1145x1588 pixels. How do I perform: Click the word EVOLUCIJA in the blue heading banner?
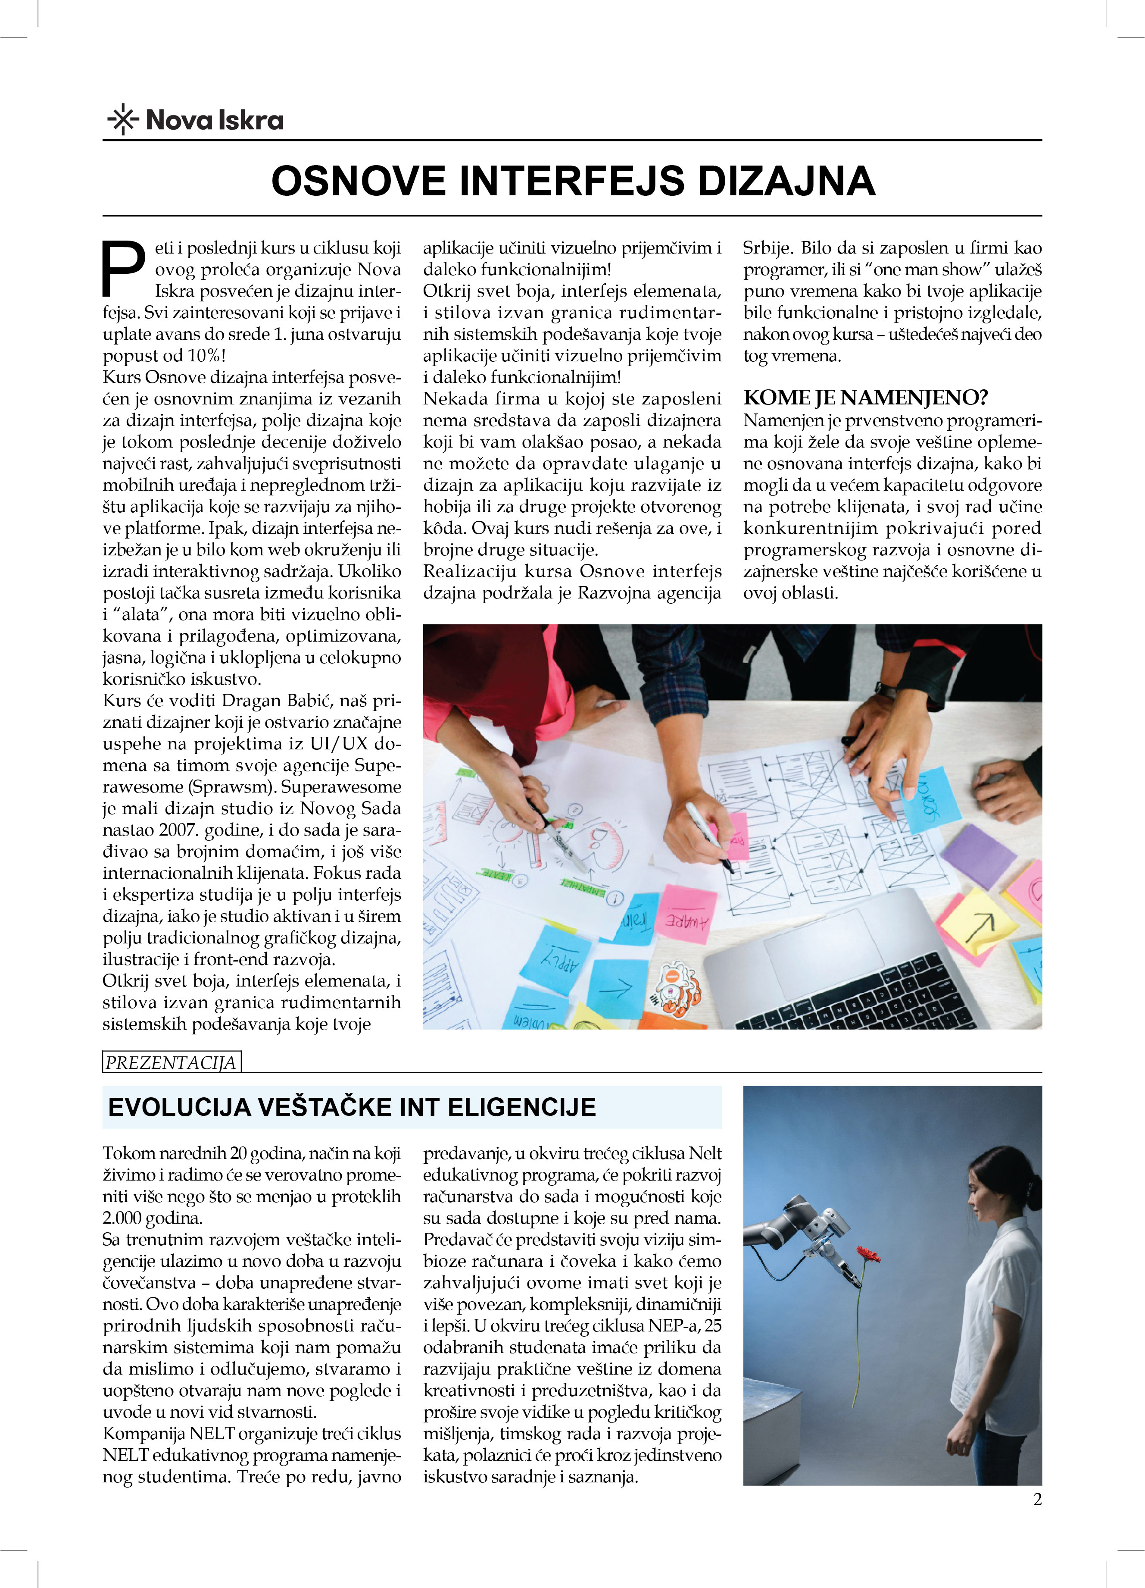coord(179,1107)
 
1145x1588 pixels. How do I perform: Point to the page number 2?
coord(1037,1499)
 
